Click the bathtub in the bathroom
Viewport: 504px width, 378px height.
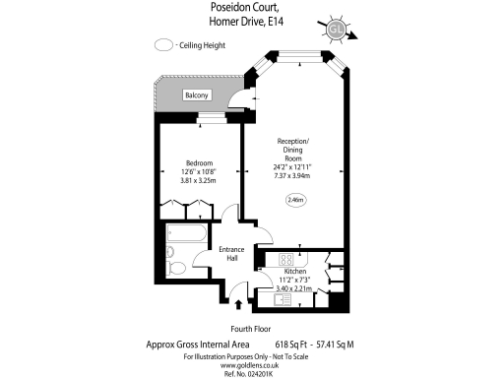coord(185,234)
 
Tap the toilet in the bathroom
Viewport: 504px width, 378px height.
coord(175,267)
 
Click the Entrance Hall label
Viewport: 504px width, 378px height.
coord(230,255)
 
